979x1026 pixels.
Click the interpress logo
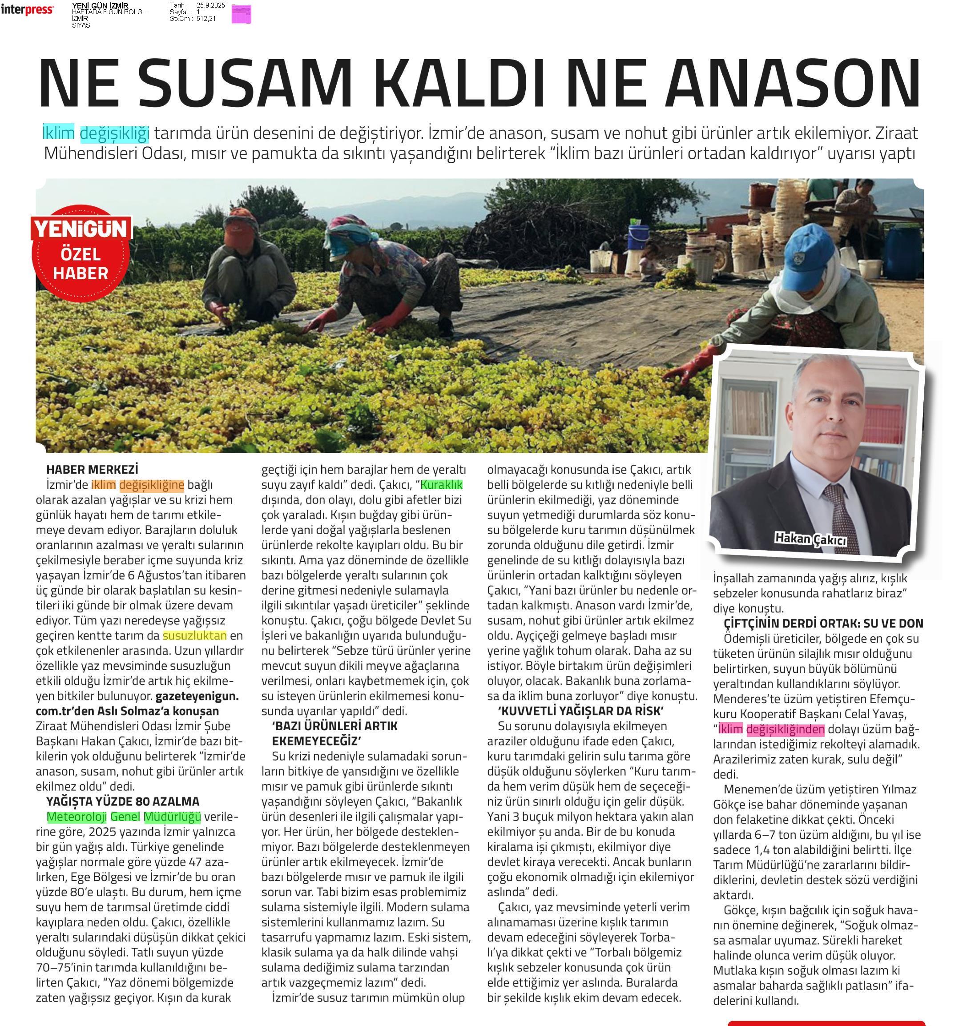click(x=27, y=10)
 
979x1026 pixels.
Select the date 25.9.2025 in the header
click(x=210, y=5)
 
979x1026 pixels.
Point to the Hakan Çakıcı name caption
click(x=810, y=539)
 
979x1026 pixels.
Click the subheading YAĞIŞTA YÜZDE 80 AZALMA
click(x=123, y=801)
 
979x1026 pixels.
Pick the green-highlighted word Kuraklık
click(x=442, y=485)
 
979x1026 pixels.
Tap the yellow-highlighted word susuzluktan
click(x=195, y=636)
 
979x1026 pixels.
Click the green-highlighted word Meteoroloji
click(x=77, y=817)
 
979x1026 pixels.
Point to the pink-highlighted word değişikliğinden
click(x=786, y=729)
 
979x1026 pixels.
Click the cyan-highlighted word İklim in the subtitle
click(x=58, y=133)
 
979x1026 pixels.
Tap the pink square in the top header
click(x=241, y=14)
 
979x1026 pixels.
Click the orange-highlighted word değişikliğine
click(x=152, y=485)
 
